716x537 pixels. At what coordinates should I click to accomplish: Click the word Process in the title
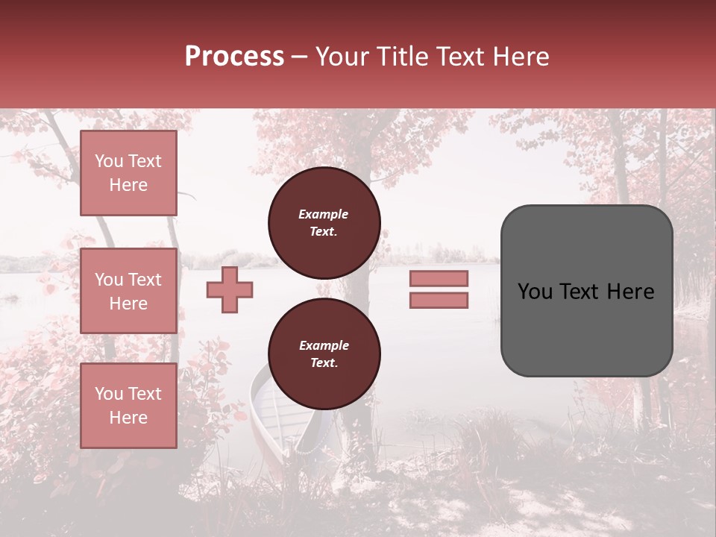pos(234,57)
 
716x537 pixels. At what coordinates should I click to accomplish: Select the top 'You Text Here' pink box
pos(128,173)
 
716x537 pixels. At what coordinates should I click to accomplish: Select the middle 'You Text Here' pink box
pos(128,291)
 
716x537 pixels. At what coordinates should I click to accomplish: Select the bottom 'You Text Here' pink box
pos(128,406)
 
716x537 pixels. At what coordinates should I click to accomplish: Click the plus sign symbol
pos(230,289)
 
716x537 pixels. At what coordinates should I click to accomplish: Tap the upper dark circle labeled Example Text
pos(324,223)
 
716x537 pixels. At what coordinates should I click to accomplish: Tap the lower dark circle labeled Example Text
pos(324,354)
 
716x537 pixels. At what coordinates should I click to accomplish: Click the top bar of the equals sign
pos(439,278)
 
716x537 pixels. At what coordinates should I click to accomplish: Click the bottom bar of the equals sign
pos(439,301)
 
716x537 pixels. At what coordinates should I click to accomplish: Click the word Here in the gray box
pos(630,292)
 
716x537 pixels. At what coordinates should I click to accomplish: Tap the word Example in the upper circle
pos(323,214)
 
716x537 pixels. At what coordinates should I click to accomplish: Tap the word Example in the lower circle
pos(324,345)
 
